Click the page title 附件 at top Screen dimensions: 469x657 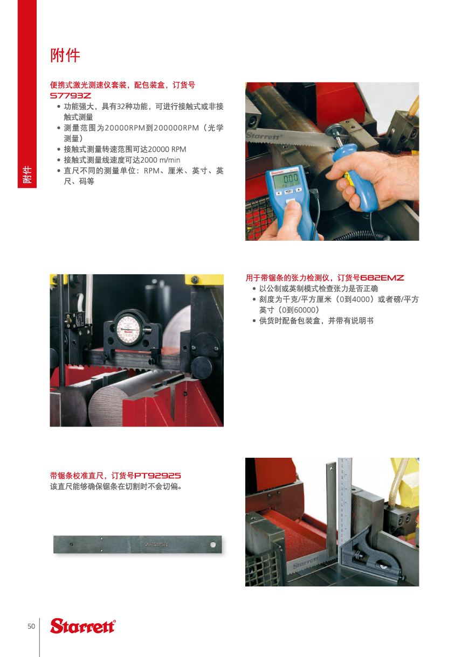pyautogui.click(x=65, y=55)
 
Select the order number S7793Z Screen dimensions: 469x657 pyautogui.click(x=71, y=96)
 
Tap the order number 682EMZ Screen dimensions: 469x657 pyautogui.click(x=382, y=278)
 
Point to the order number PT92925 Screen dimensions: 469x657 pyautogui.click(x=157, y=476)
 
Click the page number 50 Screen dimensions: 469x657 pyautogui.click(x=31, y=626)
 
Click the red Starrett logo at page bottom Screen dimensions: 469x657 pyautogui.click(x=83, y=626)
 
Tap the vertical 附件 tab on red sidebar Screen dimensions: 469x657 pyautogui.click(x=27, y=174)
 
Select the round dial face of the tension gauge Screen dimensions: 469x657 pyautogui.click(x=128, y=328)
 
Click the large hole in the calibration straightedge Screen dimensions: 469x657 pyautogui.click(x=213, y=544)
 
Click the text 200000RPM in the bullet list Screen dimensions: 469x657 pyautogui.click(x=176, y=128)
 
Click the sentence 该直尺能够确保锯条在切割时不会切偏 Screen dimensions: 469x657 pyautogui.click(x=116, y=487)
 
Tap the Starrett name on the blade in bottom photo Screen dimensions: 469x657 pyautogui.click(x=306, y=562)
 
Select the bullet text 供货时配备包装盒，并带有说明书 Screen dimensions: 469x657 pyautogui.click(x=316, y=320)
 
